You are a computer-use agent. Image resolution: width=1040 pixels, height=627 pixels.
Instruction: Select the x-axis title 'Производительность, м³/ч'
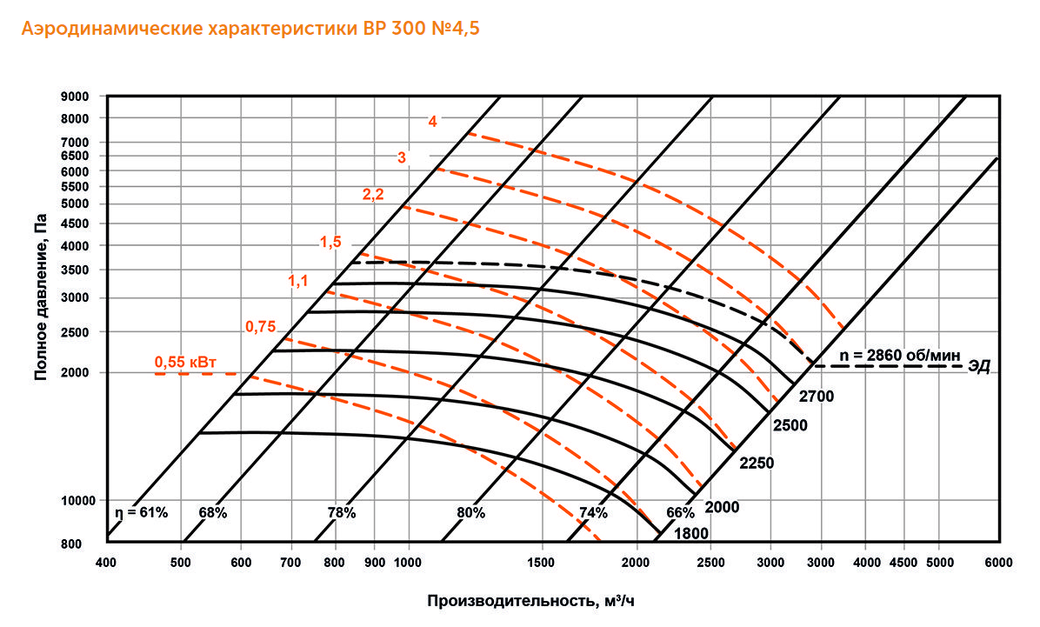537,602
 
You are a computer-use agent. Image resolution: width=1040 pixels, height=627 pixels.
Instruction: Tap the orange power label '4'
432,122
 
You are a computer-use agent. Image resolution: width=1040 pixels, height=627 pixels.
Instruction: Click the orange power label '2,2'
373,195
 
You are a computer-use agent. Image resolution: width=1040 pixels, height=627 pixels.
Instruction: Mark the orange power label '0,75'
260,327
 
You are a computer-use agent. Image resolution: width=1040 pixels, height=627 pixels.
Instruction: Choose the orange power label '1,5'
331,243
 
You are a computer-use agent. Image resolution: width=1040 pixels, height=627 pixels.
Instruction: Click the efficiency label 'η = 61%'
141,513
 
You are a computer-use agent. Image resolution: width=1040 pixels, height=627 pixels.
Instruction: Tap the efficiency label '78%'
342,513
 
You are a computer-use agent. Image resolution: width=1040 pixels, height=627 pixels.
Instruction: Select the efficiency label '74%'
593,513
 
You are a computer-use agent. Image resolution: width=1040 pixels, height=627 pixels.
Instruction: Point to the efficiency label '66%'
681,513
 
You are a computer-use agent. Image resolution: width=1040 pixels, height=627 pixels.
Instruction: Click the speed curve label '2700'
817,397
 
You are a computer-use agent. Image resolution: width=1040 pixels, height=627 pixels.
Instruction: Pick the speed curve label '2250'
756,464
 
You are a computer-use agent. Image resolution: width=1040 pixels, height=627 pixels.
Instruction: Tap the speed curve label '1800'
690,533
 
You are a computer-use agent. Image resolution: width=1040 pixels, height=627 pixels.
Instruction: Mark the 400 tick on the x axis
105,563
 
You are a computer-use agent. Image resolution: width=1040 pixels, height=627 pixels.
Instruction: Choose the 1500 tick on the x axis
541,563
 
